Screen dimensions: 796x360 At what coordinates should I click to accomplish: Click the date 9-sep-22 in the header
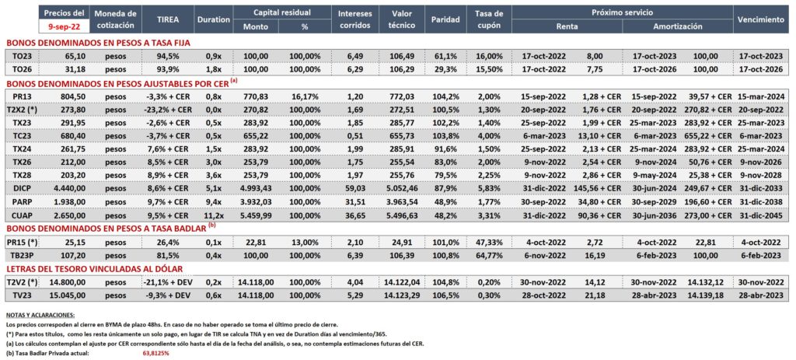coord(63,26)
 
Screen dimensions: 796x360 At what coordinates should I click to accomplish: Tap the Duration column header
coord(213,19)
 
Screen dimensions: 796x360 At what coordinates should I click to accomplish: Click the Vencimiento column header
coord(759,19)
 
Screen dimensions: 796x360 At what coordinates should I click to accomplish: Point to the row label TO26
coord(20,69)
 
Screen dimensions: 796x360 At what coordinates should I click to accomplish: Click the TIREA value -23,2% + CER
coord(167,109)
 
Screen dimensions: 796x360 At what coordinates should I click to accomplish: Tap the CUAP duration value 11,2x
coord(213,216)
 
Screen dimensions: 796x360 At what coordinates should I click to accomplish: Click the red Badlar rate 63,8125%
coord(152,353)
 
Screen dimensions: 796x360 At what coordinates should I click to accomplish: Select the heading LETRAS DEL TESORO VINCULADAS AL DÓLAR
coord(102,268)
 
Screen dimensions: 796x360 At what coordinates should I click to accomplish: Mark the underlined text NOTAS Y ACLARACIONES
coord(40,316)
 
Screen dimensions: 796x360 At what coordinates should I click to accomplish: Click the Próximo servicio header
coord(623,12)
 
